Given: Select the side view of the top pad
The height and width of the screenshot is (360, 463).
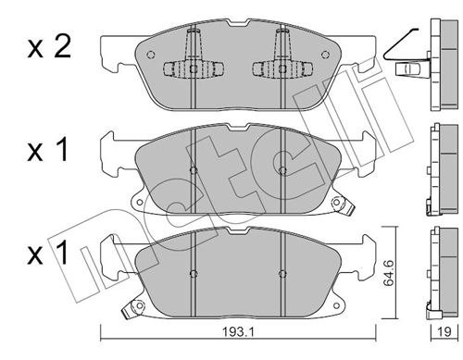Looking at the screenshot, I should click(x=436, y=61).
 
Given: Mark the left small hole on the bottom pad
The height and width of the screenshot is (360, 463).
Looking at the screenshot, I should click(x=192, y=272).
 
